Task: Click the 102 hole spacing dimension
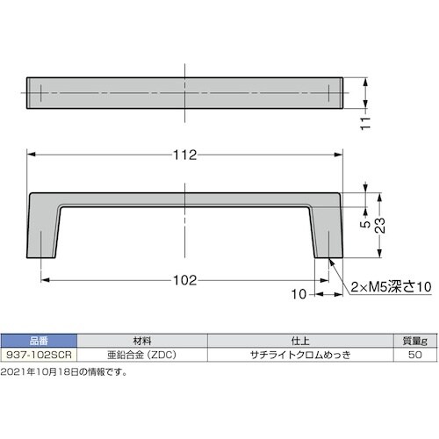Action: (x=184, y=281)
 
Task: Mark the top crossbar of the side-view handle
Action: (x=184, y=199)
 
